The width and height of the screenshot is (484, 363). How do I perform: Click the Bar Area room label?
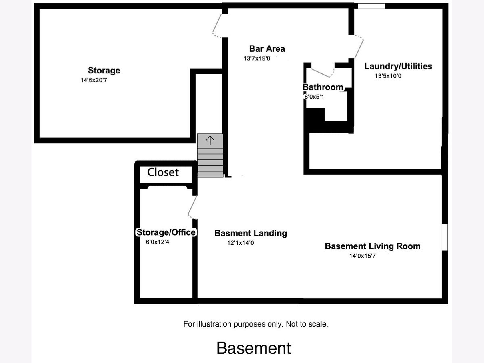pyautogui.click(x=267, y=49)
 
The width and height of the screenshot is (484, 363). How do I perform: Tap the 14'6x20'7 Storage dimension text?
pyautogui.click(x=94, y=80)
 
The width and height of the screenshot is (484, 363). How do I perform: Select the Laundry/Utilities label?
pyautogui.click(x=398, y=66)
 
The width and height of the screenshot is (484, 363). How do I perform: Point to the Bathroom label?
pyautogui.click(x=323, y=87)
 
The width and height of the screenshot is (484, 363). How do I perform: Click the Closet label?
pyautogui.click(x=163, y=172)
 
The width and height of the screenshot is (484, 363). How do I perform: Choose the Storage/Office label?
pyautogui.click(x=166, y=232)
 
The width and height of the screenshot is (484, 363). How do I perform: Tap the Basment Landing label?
pyautogui.click(x=251, y=233)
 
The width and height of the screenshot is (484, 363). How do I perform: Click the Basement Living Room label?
pyautogui.click(x=372, y=246)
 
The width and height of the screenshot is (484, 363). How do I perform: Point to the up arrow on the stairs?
pyautogui.click(x=210, y=140)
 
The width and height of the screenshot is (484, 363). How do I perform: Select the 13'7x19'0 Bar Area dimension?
pyautogui.click(x=257, y=58)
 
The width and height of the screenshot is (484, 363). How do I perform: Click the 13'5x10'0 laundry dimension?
pyautogui.click(x=388, y=76)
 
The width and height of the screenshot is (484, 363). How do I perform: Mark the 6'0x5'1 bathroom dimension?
pyautogui.click(x=314, y=97)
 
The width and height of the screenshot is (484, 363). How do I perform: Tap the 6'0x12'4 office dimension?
pyautogui.click(x=158, y=242)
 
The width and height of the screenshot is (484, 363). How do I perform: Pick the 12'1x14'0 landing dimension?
pyautogui.click(x=240, y=243)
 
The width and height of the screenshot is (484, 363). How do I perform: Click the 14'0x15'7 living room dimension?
pyautogui.click(x=362, y=256)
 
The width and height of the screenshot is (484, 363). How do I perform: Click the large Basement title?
pyautogui.click(x=254, y=348)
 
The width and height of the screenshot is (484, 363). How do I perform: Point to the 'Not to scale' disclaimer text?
pyautogui.click(x=307, y=324)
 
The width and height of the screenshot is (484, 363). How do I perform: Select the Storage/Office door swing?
pyautogui.click(x=192, y=207)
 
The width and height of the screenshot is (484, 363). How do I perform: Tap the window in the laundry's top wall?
pyautogui.click(x=371, y=6)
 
